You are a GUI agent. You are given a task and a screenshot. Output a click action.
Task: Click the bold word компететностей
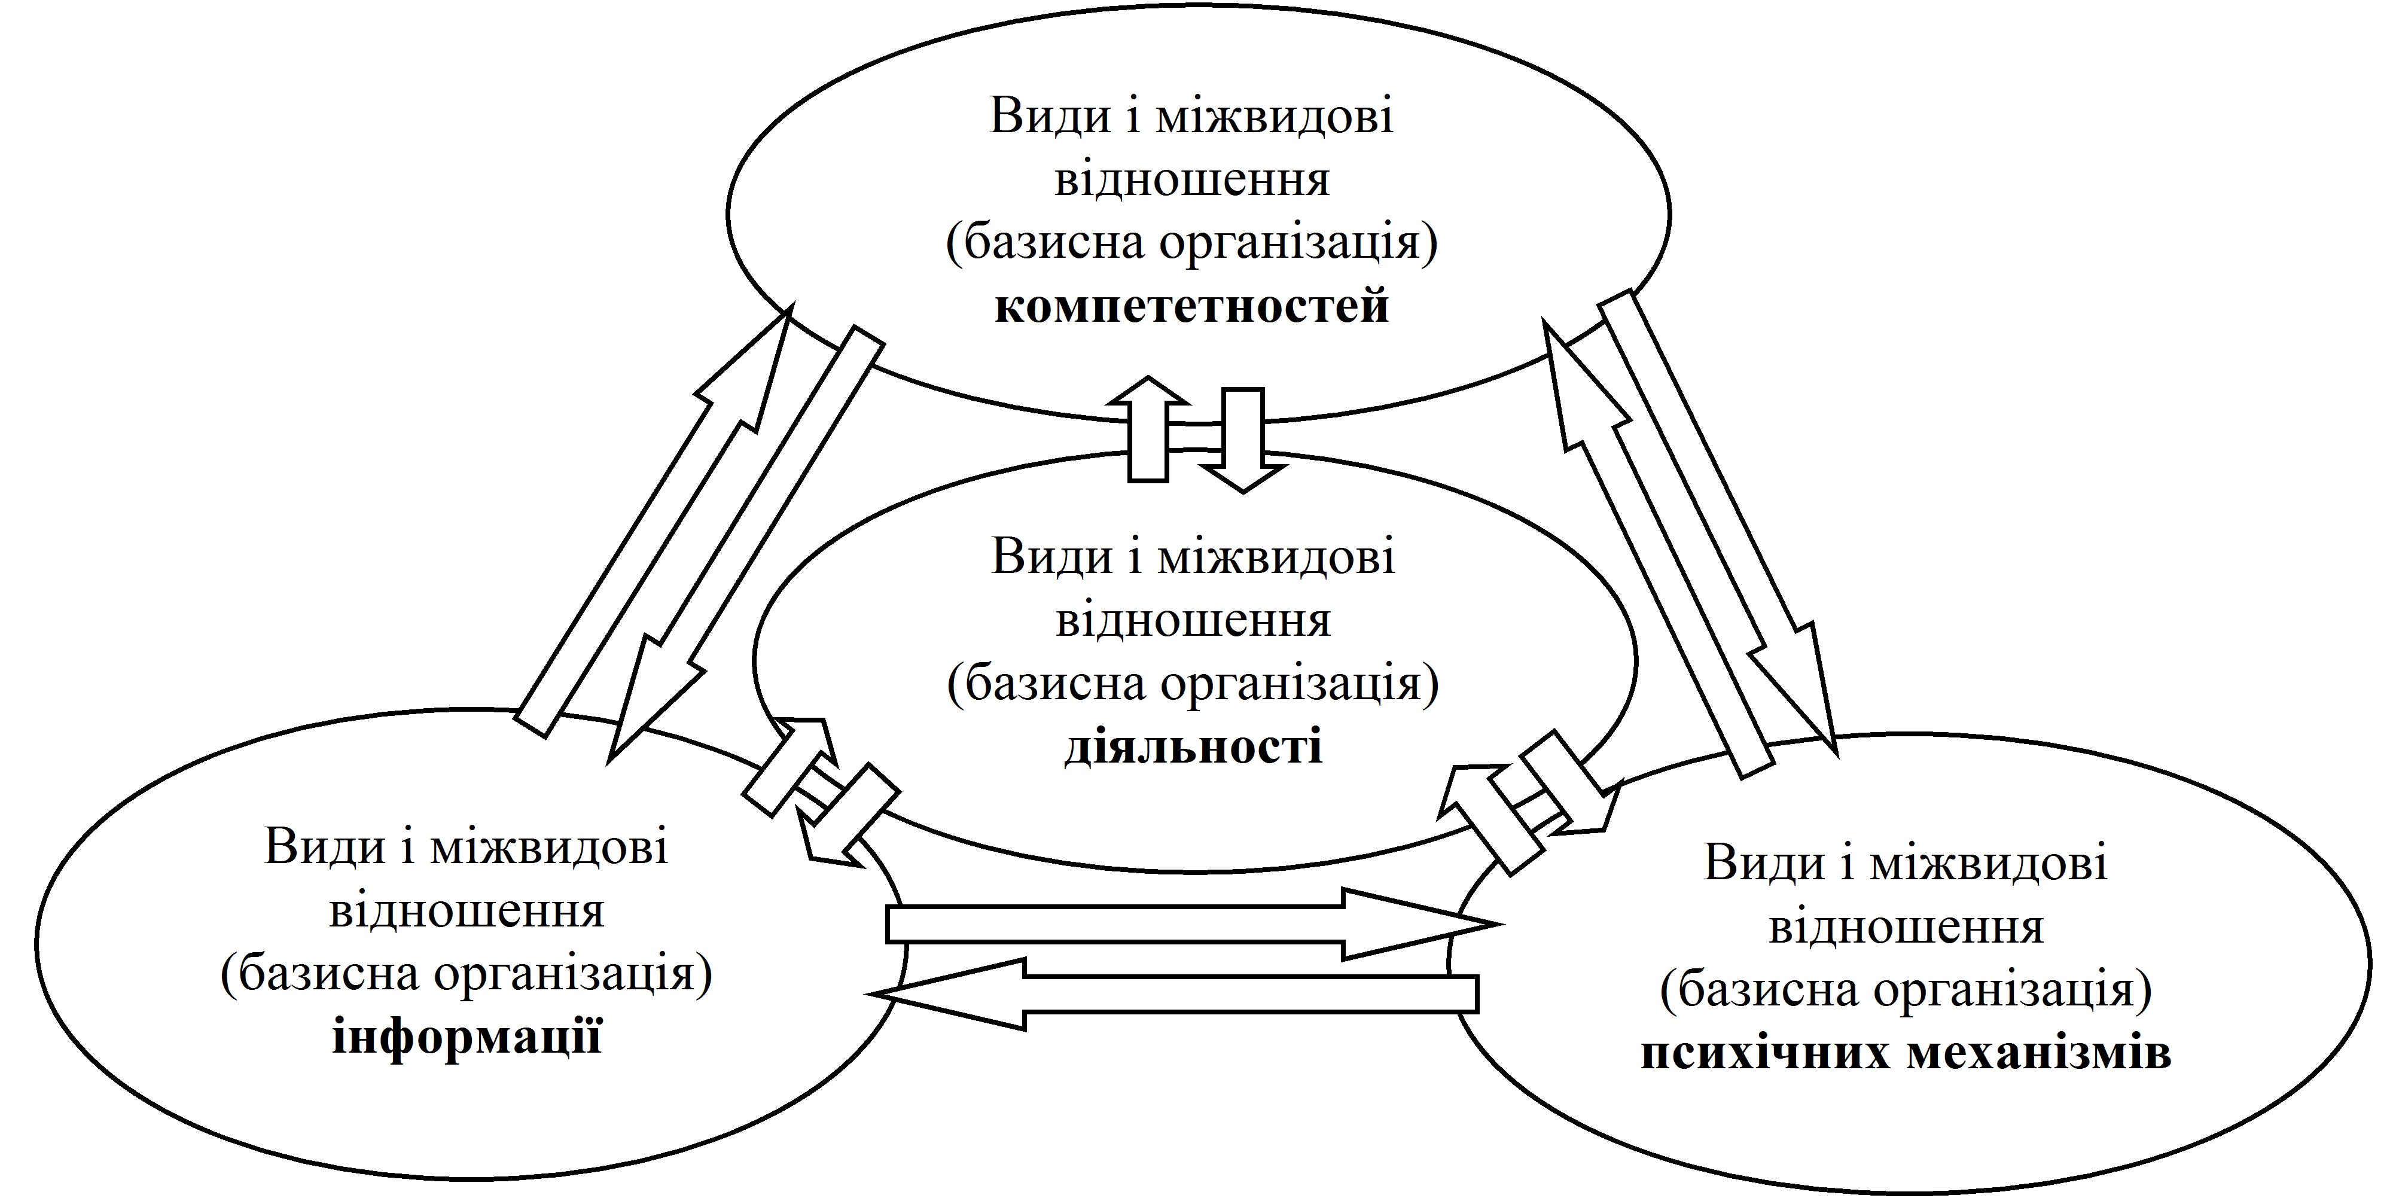(x=1191, y=307)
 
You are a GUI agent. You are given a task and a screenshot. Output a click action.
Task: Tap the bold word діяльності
(x=1193, y=748)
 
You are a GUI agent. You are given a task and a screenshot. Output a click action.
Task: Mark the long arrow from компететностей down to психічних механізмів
(x=1721, y=521)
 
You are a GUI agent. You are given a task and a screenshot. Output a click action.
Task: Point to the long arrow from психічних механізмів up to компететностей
(x=1656, y=549)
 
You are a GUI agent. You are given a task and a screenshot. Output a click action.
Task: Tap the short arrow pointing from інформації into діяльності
(x=791, y=767)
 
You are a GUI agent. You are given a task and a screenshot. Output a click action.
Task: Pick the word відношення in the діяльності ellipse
(x=1193, y=620)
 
